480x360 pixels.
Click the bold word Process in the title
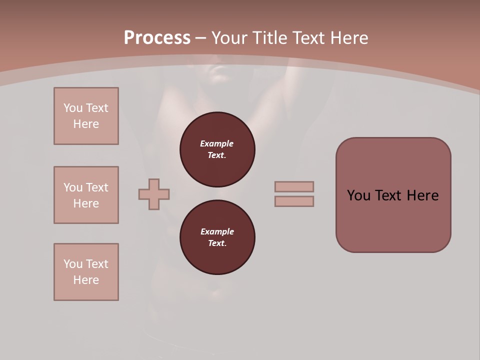pyautogui.click(x=157, y=38)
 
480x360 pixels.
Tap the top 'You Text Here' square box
pyautogui.click(x=86, y=116)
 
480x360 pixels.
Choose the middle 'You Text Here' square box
pyautogui.click(x=86, y=195)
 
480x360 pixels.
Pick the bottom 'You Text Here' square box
pyautogui.click(x=86, y=272)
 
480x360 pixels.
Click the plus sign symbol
pyautogui.click(x=154, y=194)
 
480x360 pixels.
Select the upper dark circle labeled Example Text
pyautogui.click(x=217, y=149)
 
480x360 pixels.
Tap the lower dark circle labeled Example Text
pyautogui.click(x=217, y=237)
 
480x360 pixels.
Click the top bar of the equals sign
pyautogui.click(x=294, y=186)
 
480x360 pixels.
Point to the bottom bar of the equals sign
pyautogui.click(x=294, y=201)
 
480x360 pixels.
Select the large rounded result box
pyautogui.click(x=393, y=195)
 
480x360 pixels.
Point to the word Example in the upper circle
pyautogui.click(x=217, y=143)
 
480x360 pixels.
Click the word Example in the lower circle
pyautogui.click(x=217, y=231)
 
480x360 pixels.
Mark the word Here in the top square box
pyautogui.click(x=86, y=124)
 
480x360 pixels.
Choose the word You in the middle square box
pyautogui.click(x=73, y=187)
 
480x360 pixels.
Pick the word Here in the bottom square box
pyautogui.click(x=86, y=280)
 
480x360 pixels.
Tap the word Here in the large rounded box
pyautogui.click(x=422, y=195)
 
